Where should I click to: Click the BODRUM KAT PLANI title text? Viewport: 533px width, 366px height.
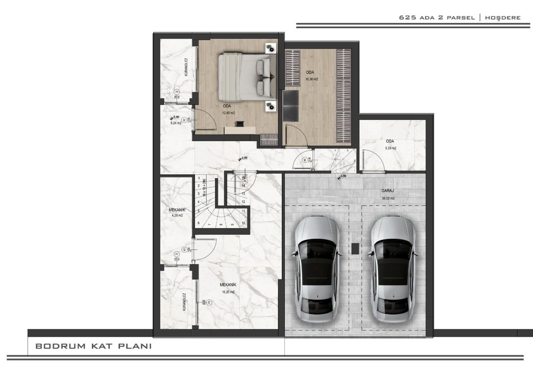(93, 346)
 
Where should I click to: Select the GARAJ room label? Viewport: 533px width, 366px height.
(388, 192)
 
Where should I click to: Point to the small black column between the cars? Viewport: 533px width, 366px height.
(355, 248)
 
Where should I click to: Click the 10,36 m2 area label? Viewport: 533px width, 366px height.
(312, 79)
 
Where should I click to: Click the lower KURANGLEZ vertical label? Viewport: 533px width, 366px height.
(184, 302)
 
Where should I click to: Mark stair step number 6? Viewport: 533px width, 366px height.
(199, 223)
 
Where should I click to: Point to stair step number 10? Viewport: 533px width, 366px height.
(243, 223)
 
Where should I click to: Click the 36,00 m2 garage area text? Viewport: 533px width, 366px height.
(388, 198)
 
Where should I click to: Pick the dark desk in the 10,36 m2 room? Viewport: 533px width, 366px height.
(291, 106)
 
